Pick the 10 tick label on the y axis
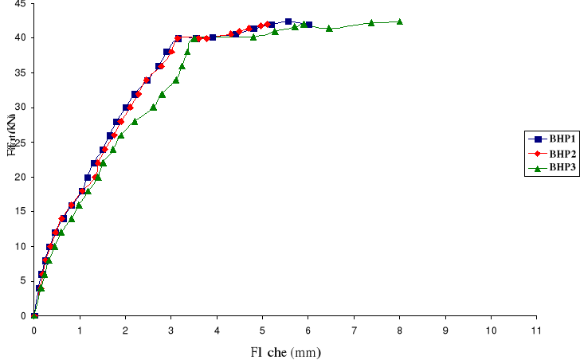[18, 246]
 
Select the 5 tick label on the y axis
[22, 281]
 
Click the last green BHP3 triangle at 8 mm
[399, 22]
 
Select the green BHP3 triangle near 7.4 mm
[371, 22]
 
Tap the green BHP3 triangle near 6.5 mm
[329, 28]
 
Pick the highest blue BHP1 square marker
[288, 22]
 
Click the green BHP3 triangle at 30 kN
[153, 107]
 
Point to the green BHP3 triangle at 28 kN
[135, 121]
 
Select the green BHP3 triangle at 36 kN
[182, 65]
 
